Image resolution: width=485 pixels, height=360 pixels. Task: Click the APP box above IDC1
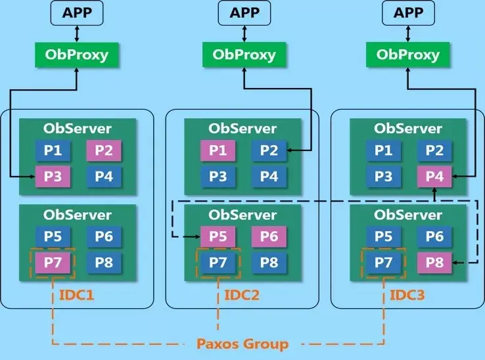[78, 12]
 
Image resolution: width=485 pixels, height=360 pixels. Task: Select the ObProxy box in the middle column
[242, 55]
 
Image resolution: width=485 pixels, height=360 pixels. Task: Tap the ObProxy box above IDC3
[407, 55]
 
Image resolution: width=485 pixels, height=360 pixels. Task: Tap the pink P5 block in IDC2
[218, 237]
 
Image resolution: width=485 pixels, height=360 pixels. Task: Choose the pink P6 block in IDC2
[268, 237]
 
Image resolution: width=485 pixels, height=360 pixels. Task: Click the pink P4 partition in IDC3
[434, 176]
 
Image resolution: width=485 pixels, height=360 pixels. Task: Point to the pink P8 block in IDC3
[434, 263]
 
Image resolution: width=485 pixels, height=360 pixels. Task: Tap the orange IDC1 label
[77, 295]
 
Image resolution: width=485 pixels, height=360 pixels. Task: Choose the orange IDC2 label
[242, 295]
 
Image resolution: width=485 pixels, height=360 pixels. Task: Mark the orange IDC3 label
[407, 295]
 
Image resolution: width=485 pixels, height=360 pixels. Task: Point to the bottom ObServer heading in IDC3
[408, 215]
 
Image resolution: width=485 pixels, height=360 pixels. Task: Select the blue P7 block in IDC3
[383, 263]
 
